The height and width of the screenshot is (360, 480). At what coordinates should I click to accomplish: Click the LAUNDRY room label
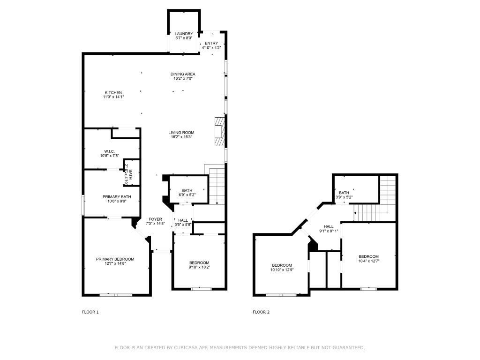point(184,36)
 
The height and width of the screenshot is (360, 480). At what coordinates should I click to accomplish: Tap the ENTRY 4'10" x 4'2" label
point(211,45)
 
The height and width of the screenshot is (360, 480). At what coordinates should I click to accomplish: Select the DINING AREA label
point(183,76)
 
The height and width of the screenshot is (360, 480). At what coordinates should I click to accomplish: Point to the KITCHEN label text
point(113,95)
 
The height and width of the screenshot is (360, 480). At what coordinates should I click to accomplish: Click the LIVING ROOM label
point(181,135)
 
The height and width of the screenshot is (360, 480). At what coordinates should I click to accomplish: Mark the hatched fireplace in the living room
point(219,131)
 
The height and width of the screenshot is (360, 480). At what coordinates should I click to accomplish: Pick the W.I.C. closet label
point(109,153)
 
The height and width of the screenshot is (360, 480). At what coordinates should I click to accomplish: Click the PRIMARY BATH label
point(117,199)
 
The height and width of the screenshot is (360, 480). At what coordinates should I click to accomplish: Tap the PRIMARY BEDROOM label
point(115,261)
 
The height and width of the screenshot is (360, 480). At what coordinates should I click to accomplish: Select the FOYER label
point(155,221)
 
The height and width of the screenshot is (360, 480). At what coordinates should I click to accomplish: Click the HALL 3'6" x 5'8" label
point(183,222)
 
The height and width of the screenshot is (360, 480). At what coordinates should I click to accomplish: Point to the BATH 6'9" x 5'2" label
point(187,193)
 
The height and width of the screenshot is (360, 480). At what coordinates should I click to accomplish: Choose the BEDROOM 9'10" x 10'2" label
point(199,265)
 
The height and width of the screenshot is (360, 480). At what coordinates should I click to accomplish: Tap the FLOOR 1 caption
point(90,312)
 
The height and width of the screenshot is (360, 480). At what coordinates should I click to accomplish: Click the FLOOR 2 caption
point(261,312)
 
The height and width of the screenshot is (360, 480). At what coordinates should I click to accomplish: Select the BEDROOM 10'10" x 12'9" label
point(282,268)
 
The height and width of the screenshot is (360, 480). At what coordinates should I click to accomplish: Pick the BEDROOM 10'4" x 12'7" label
point(368,259)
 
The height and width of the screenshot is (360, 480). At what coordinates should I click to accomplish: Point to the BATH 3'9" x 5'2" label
point(344,195)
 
